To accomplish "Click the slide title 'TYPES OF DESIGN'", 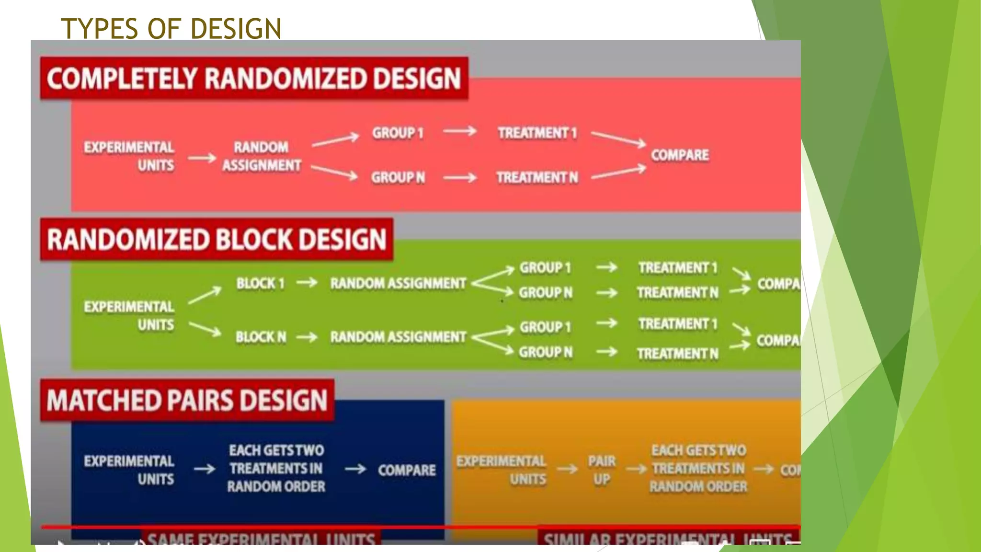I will coord(171,28).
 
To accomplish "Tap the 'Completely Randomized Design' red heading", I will coord(254,79).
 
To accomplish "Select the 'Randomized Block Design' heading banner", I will coord(217,240).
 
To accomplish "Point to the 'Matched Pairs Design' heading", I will coord(187,401).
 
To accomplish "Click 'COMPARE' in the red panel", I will coord(680,155).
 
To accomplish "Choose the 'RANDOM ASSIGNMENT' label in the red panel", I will coord(262,156).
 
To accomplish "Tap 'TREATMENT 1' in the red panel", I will coord(537,133).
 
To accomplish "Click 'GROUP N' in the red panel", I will coord(398,178).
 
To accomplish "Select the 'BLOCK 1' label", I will coord(260,283).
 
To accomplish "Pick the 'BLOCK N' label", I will coord(261,337).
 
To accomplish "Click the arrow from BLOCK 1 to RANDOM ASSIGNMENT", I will coord(307,283).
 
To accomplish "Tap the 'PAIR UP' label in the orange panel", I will coord(602,470).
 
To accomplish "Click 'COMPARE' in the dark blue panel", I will coord(407,470).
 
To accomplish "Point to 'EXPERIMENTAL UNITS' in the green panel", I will coord(129,316).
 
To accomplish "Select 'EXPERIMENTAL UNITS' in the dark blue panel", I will coord(129,470).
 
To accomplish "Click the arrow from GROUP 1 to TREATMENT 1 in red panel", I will coord(460,131).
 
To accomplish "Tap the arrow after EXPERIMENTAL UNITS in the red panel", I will coord(202,158).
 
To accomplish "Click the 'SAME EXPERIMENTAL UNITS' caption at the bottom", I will coord(261,539).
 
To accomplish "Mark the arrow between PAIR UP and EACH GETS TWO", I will coord(637,469).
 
